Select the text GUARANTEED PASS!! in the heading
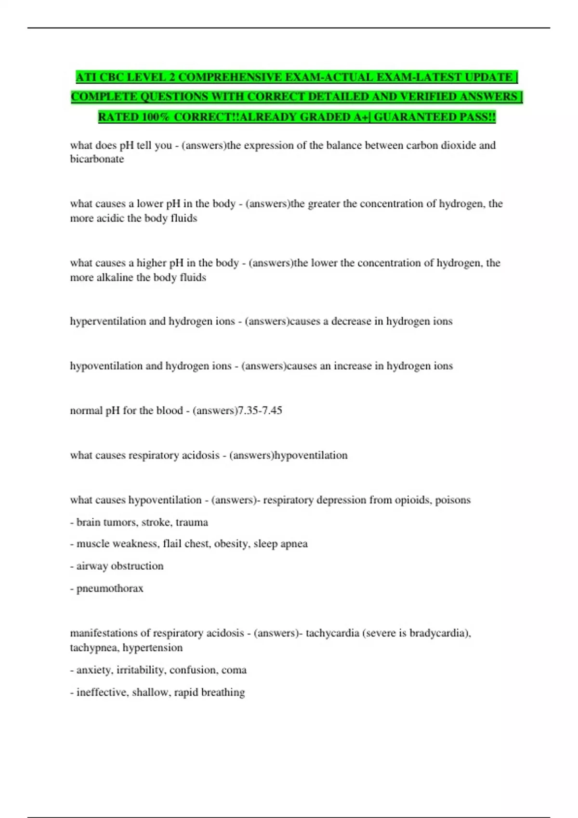[434, 117]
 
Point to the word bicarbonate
[97, 159]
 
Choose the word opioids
[412, 500]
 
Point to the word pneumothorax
[110, 588]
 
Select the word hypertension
[153, 648]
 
